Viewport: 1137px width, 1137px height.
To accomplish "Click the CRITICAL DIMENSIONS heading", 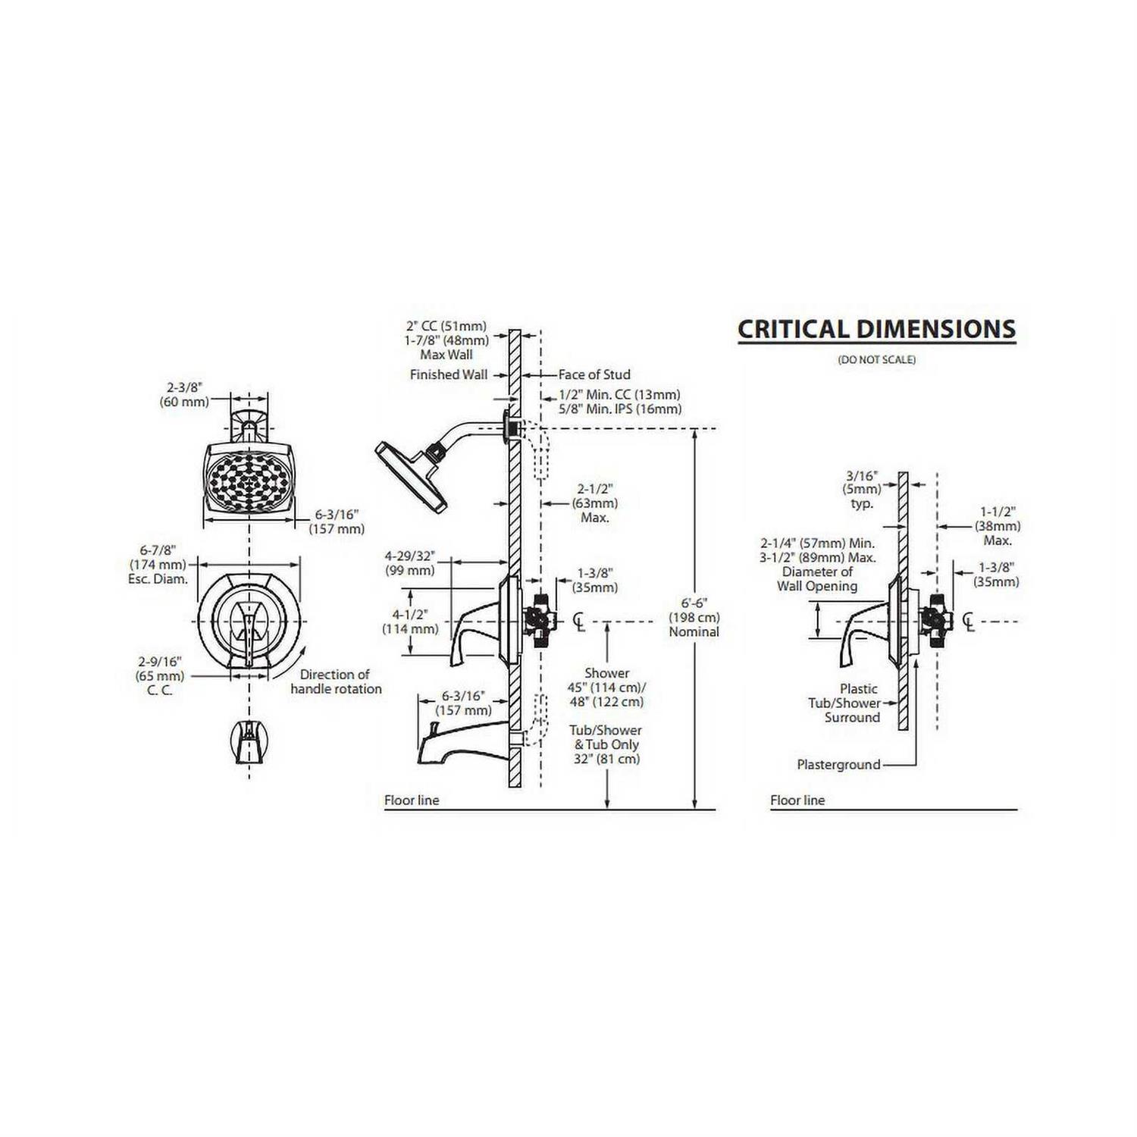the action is (x=876, y=329).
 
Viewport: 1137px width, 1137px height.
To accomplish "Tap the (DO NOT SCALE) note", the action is (x=877, y=359).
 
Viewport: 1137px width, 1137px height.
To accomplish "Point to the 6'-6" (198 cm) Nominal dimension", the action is (x=694, y=617).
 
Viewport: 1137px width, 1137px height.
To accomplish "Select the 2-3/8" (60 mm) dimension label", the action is (x=184, y=394).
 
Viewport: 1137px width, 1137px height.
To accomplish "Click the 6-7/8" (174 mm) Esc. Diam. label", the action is (x=158, y=564).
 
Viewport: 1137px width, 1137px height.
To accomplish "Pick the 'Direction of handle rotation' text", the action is (x=336, y=681).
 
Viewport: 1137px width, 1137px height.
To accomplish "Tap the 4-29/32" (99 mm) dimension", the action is (x=410, y=563).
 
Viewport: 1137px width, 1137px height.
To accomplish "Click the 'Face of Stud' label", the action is (x=594, y=374).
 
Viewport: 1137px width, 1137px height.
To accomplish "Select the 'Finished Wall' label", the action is (x=449, y=374).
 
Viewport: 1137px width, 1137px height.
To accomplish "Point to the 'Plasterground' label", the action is (x=838, y=765).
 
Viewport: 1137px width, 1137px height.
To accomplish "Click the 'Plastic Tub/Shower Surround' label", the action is (x=845, y=703).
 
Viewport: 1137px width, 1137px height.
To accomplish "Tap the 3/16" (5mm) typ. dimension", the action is (x=862, y=490).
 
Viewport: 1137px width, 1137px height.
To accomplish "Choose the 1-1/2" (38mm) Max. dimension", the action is (x=998, y=526).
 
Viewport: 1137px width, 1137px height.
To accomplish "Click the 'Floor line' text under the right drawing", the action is (x=797, y=800).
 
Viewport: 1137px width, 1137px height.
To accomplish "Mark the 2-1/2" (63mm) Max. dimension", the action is (x=595, y=503).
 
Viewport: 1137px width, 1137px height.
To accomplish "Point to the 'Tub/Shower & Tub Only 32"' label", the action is (x=606, y=744).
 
